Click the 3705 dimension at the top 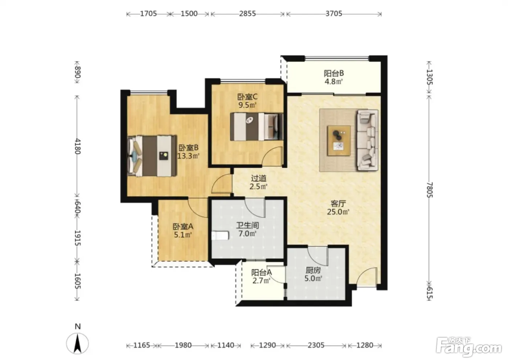[333, 13]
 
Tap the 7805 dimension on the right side [429, 190]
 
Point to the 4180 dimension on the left [78, 146]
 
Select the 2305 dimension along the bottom [316, 345]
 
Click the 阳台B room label [333, 73]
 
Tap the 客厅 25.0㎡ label [338, 208]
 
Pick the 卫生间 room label [247, 225]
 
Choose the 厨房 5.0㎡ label [313, 274]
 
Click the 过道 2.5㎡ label [258, 182]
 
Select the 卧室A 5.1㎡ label [183, 230]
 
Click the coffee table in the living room [339, 141]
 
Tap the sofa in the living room [368, 140]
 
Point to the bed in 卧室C [257, 127]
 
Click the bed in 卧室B [152, 156]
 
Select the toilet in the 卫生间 [220, 235]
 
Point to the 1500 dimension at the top [189, 13]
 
